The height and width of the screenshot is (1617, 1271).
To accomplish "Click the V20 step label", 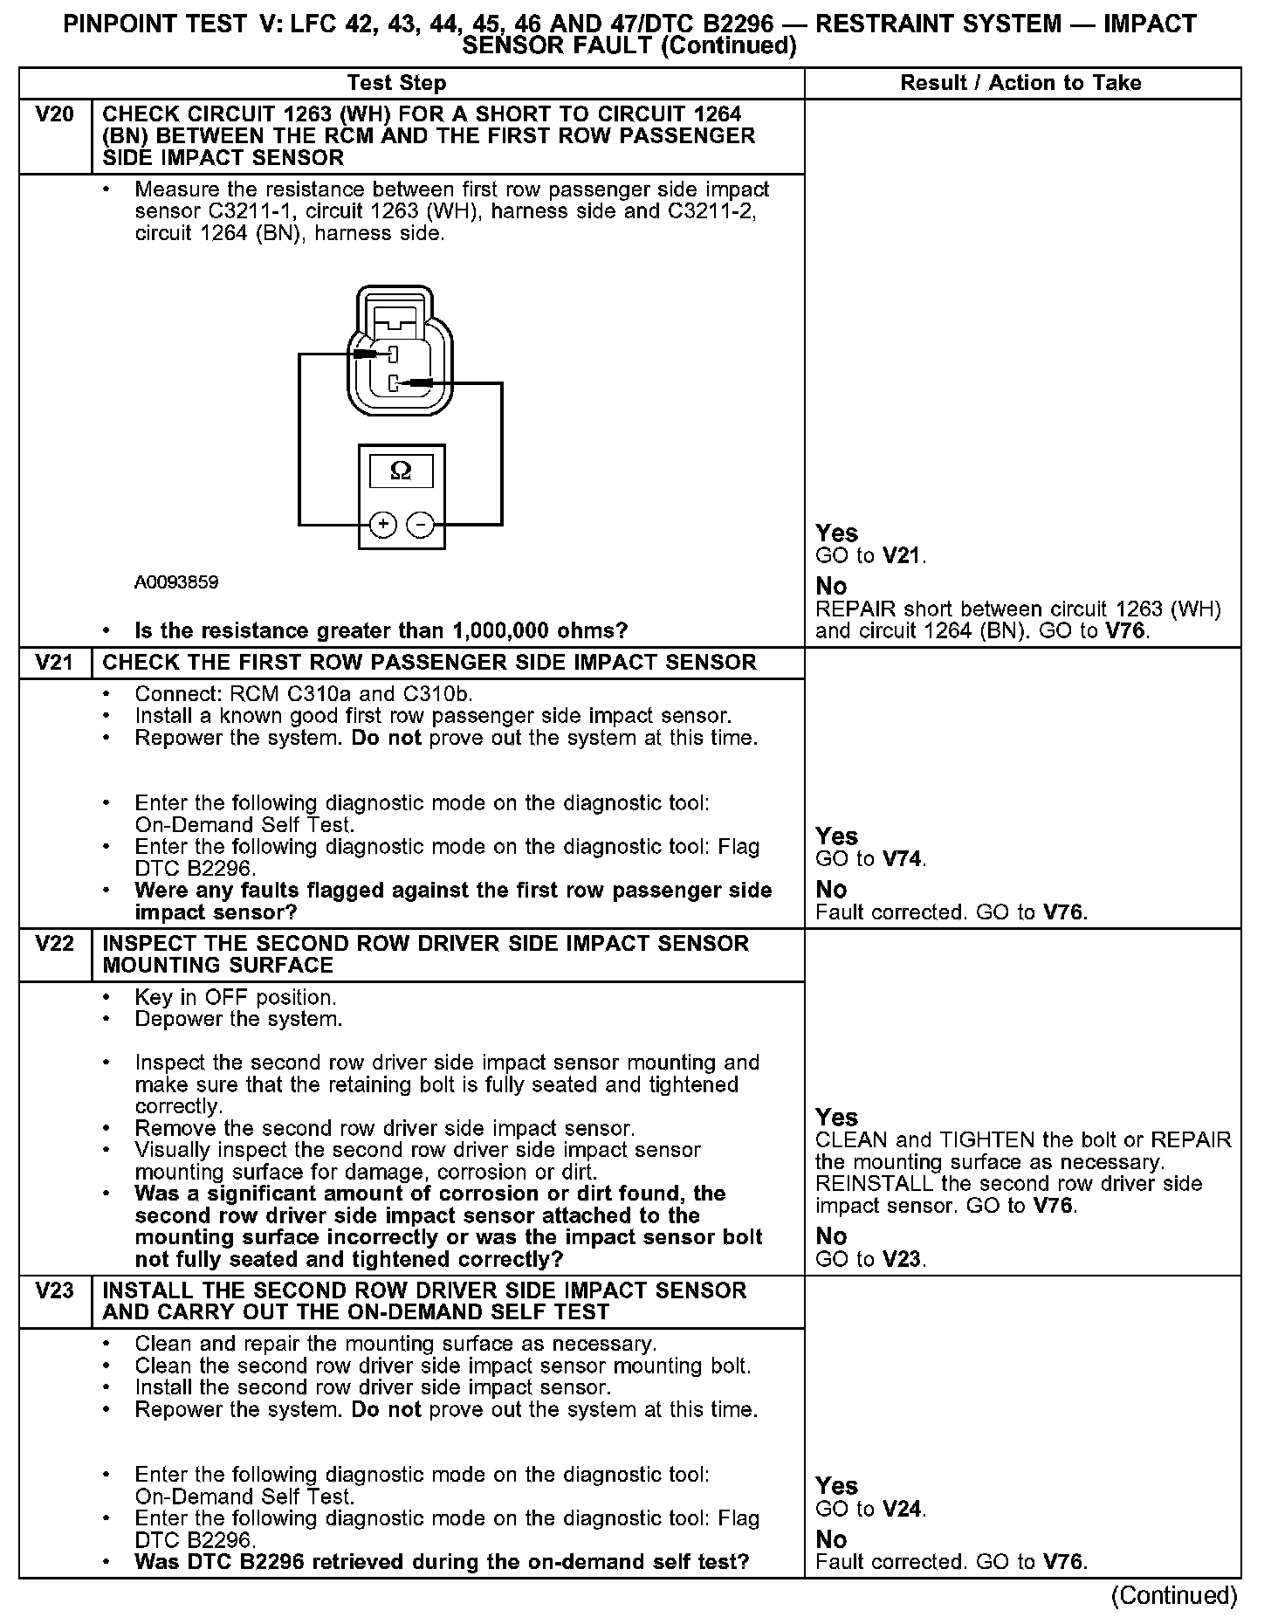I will [54, 114].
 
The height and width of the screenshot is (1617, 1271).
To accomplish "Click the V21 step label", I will [54, 663].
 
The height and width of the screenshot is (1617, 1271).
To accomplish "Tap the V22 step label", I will [54, 944].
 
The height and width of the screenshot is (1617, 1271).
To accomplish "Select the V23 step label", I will [54, 1290].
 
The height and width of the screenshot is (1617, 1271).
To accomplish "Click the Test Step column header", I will [396, 83].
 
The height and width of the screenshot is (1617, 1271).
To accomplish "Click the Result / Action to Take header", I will [1020, 83].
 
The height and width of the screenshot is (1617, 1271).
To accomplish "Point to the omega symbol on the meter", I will [401, 471].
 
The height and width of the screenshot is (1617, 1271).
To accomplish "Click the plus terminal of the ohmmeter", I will [383, 524].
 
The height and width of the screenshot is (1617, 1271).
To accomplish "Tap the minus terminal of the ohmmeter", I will [421, 524].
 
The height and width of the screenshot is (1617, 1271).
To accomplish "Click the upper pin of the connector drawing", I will [393, 354].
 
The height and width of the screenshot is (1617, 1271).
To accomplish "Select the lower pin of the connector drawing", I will [394, 382].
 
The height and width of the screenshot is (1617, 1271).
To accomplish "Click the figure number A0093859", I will [176, 582].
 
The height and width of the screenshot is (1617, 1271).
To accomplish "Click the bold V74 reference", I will [902, 859].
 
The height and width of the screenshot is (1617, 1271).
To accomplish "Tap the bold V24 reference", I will [902, 1510].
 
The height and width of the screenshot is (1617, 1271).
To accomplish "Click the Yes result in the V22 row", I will [836, 1118].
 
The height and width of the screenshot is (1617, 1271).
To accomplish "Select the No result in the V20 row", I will [831, 586].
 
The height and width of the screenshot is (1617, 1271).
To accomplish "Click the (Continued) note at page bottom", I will [1174, 1596].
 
